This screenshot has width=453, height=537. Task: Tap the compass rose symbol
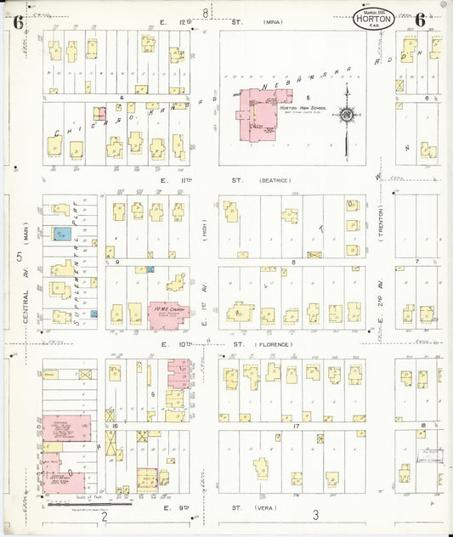tap(347, 114)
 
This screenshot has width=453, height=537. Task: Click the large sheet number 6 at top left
tap(17, 23)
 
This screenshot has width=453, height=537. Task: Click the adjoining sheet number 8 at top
tap(205, 12)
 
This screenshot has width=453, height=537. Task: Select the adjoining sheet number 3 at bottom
tap(314, 515)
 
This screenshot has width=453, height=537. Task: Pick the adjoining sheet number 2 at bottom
tap(104, 516)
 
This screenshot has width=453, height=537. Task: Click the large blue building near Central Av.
tap(61, 234)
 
